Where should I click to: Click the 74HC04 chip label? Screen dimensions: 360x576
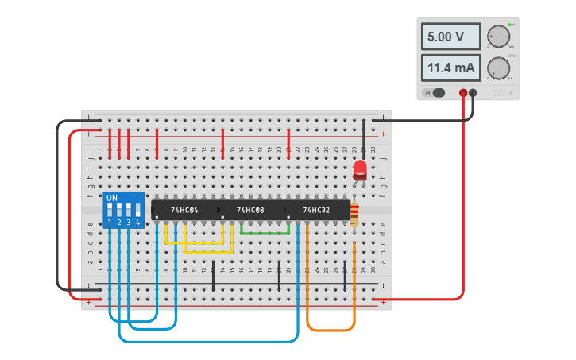point(184,210)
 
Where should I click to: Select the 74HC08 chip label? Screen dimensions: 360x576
point(250,210)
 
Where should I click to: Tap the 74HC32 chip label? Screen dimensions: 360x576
point(316,210)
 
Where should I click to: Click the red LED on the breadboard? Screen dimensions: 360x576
point(360,169)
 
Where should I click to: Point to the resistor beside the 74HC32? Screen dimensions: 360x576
point(354,213)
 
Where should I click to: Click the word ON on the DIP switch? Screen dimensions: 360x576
point(112,196)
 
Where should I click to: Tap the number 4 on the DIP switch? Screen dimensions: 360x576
point(138,223)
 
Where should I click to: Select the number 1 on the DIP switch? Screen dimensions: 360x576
point(110,223)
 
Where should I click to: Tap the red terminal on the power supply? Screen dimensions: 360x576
point(463,93)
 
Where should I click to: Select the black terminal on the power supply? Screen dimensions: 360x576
point(474,93)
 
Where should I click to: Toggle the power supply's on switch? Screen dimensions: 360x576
point(437,93)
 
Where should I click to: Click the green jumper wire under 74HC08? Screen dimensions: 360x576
point(265,233)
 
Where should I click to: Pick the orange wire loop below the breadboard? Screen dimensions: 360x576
point(331,330)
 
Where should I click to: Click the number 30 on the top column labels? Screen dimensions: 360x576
point(373,149)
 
